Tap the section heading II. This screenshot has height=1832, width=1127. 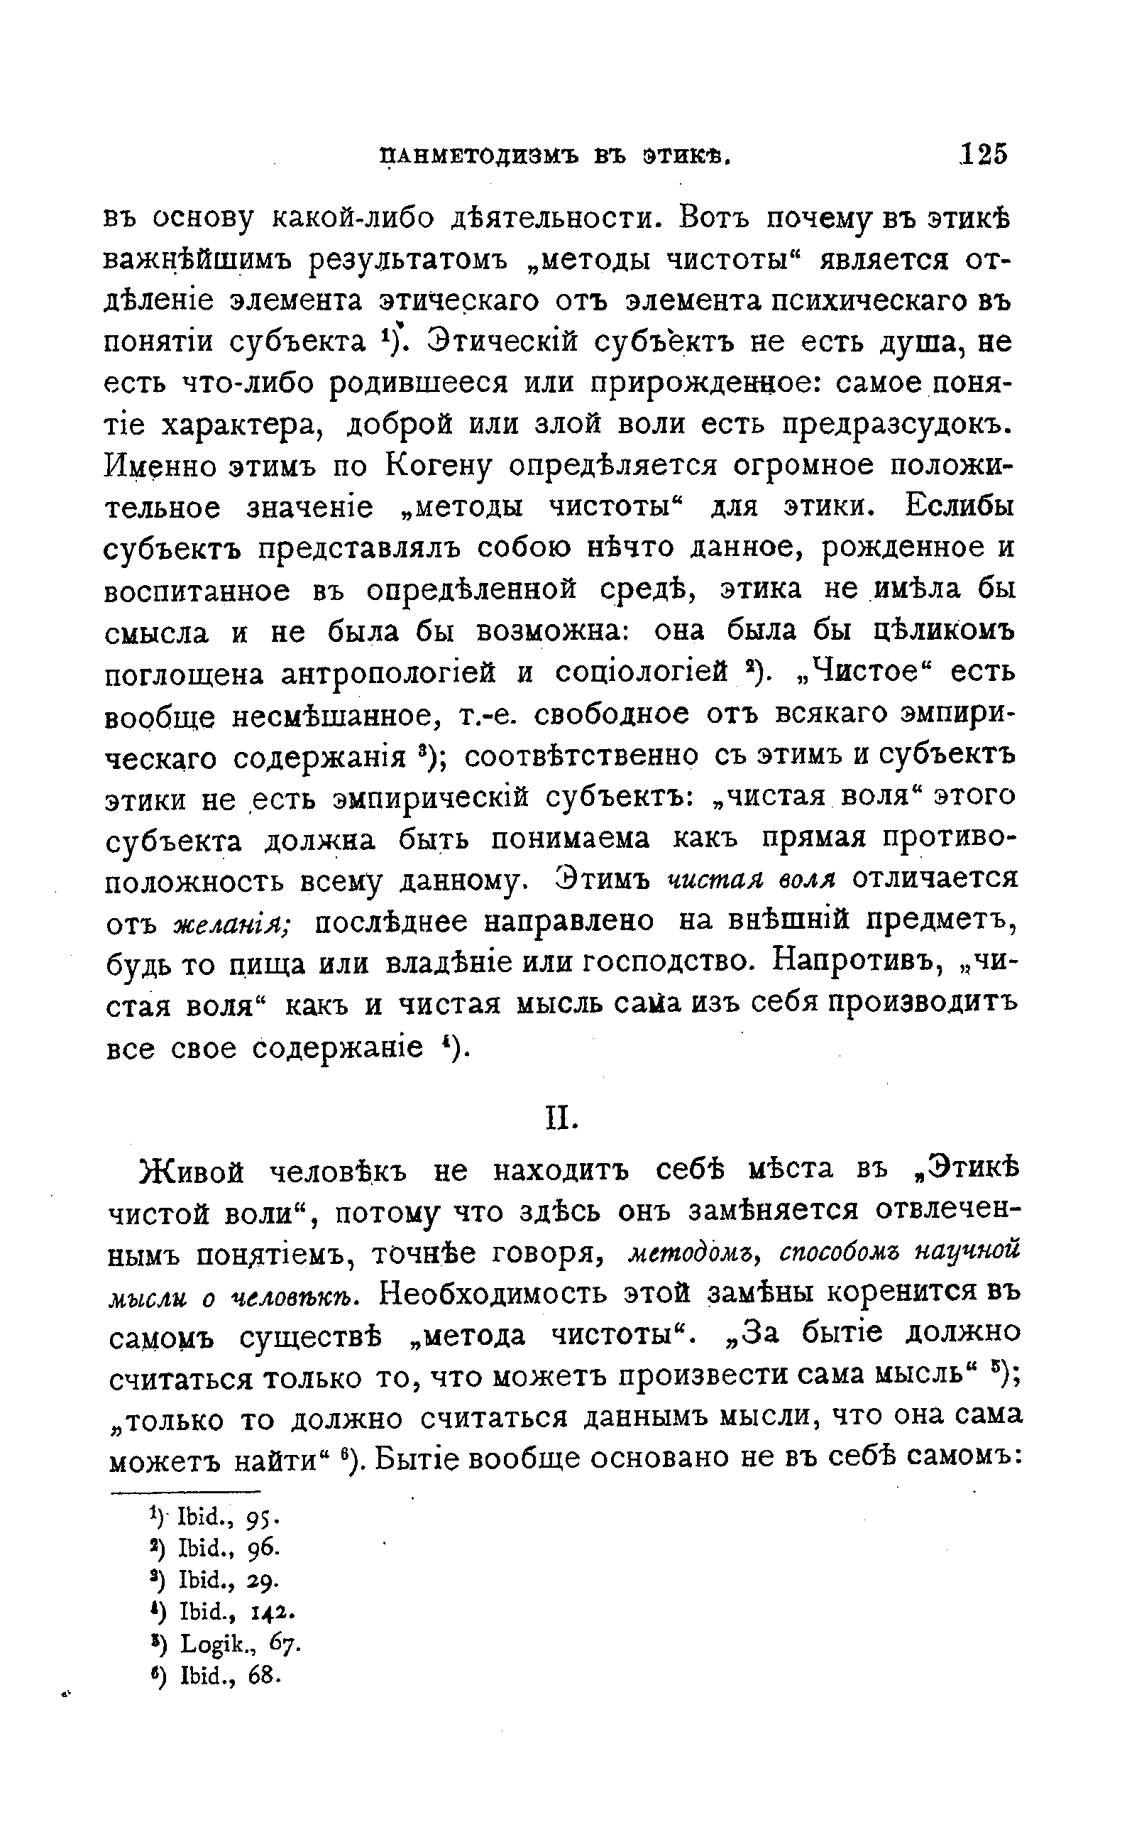pyautogui.click(x=563, y=1119)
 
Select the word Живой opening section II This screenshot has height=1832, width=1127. pyautogui.click(x=192, y=1172)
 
